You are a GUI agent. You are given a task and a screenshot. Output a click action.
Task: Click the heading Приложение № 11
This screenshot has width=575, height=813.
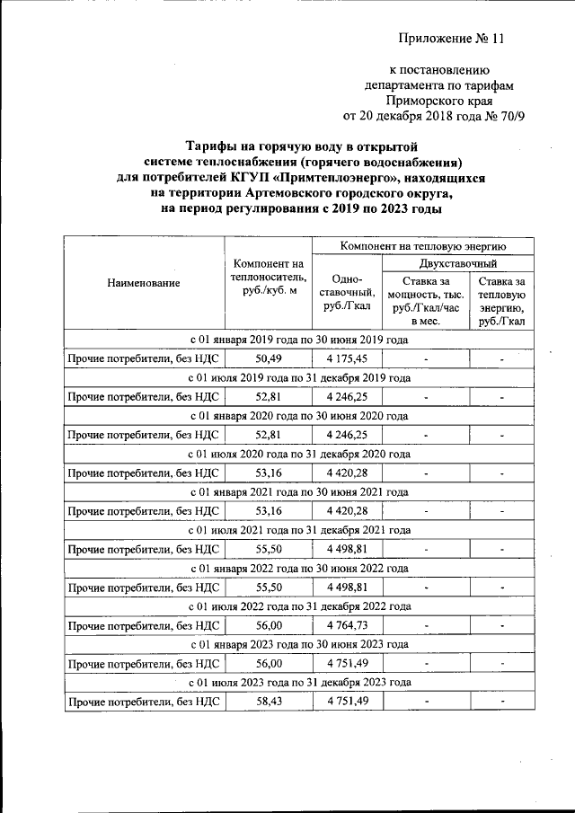tap(453, 39)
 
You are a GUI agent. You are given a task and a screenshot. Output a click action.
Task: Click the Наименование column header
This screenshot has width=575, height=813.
tap(144, 283)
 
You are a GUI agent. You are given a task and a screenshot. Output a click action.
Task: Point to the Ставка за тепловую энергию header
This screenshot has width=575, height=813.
tap(502, 301)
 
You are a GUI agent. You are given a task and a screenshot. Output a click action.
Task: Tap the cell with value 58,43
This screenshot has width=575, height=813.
tap(269, 701)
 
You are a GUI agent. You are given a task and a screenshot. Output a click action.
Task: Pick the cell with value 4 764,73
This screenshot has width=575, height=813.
tap(347, 625)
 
